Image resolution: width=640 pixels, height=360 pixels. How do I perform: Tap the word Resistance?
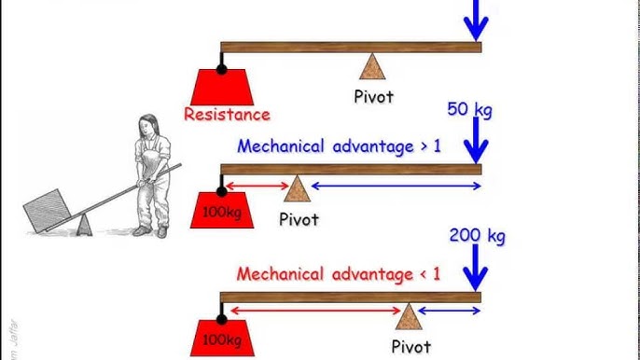227,115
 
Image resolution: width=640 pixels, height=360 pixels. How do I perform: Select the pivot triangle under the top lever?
372,68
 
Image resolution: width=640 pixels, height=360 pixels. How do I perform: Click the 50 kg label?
469,111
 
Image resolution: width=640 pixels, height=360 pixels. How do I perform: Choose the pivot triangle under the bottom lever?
407,318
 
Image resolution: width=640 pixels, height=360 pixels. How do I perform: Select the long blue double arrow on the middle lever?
396,187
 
